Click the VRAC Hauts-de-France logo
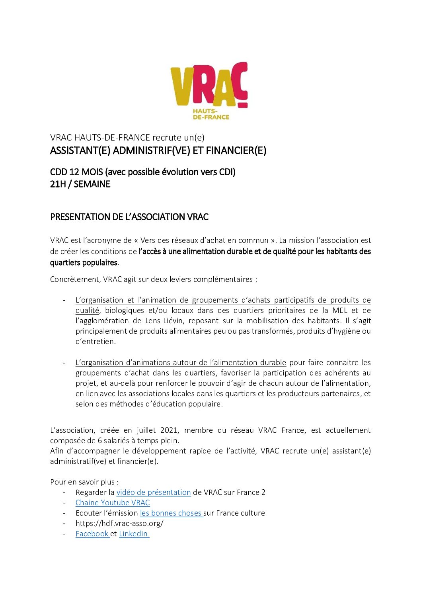tap(209, 90)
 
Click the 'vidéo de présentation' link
tap(154, 492)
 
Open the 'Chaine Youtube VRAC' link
tap(113, 502)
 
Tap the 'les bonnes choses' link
tap(171, 513)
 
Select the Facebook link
tap(92, 533)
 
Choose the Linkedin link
tap(133, 533)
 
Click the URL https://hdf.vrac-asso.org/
tap(119, 523)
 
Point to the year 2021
tap(170, 430)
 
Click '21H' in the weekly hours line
tap(58, 184)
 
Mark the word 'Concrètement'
tap(75, 279)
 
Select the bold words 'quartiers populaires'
tap(84, 262)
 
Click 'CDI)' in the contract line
tap(227, 172)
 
